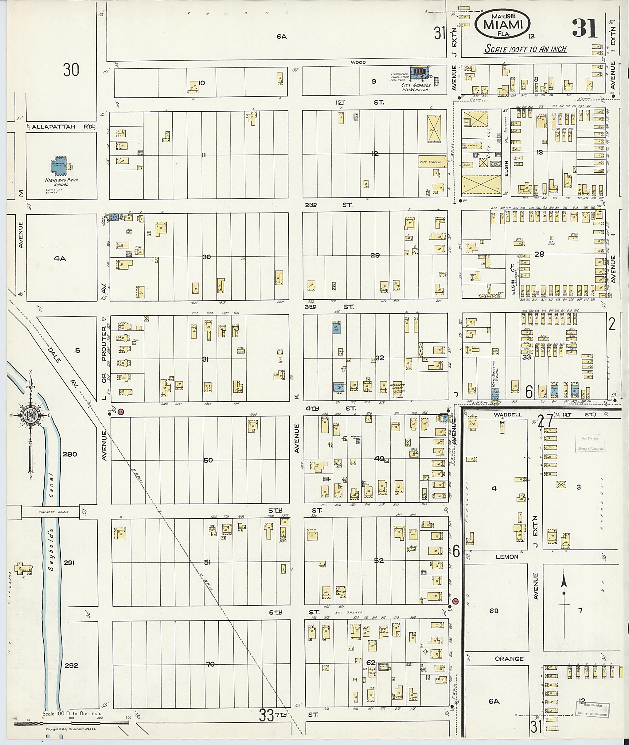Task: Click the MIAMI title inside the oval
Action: pos(503,25)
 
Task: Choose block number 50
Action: pos(208,460)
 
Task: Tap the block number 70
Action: pos(210,664)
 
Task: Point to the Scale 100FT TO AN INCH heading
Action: pos(525,49)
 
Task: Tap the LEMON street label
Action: pos(507,557)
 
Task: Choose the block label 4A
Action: pos(60,259)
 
